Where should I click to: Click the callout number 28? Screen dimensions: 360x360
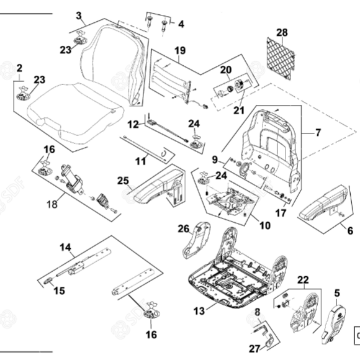coord(282,33)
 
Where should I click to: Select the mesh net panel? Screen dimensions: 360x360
coord(281,59)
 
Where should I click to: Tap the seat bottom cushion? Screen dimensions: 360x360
coord(74,113)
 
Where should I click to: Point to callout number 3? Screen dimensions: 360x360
coord(79,16)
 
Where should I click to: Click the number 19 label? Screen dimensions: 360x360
coord(180,50)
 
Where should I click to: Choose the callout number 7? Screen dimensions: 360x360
coord(318,132)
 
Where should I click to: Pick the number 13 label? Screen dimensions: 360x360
coord(199,311)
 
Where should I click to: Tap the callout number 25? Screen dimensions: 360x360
coord(123,181)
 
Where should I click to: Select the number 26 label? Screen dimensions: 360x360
coord(184,228)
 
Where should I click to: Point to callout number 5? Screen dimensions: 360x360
coord(337,293)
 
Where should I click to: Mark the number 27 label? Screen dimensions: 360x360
coord(254,349)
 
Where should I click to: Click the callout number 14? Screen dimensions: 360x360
coord(65,248)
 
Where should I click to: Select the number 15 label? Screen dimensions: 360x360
coord(59,290)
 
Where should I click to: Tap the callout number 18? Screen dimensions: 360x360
coord(52,204)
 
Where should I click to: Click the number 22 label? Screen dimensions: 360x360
coord(304,280)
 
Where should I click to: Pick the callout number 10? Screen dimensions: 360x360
coord(265,225)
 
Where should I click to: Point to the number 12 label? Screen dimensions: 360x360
coord(133,125)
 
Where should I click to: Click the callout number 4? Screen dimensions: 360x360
coord(181,24)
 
